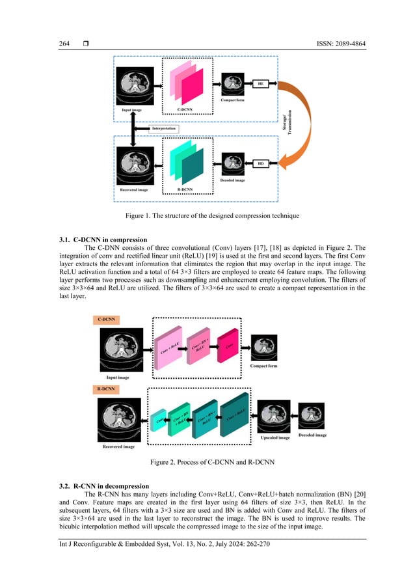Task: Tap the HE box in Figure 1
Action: pos(261,84)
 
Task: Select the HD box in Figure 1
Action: pos(261,163)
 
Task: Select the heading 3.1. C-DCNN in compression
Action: pos(104,241)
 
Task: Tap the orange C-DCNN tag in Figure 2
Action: pos(107,320)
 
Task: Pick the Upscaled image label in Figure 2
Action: pos(275,437)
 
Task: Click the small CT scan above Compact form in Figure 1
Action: pos(234,84)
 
